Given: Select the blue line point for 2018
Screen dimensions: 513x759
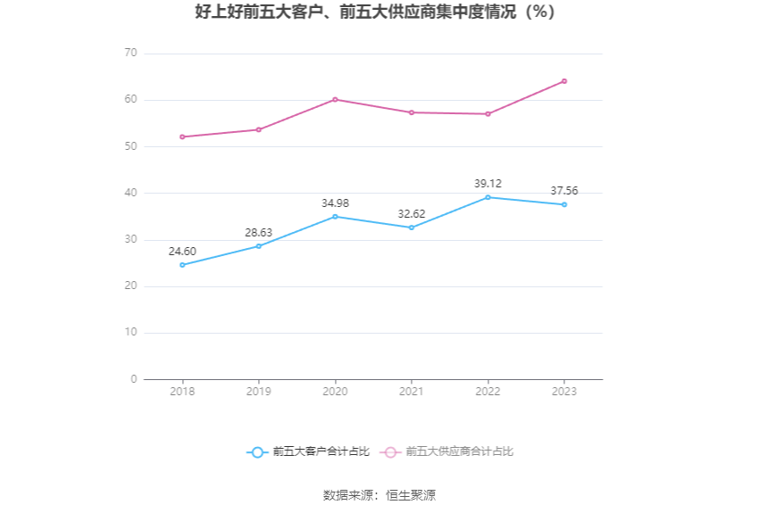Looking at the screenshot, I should tap(182, 265).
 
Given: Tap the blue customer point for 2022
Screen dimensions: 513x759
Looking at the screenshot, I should tap(488, 197).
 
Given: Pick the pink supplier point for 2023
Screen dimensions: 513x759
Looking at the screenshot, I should tap(564, 81).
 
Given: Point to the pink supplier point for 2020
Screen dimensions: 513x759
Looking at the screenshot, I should tap(335, 99).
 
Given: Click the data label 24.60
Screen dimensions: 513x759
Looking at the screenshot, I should tap(182, 252).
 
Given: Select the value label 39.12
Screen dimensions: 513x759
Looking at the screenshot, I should tap(488, 184).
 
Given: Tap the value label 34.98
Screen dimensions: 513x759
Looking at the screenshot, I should tap(335, 203).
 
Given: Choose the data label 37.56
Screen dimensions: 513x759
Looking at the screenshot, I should tap(564, 191).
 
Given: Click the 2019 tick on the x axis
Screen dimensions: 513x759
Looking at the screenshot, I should tap(259, 392).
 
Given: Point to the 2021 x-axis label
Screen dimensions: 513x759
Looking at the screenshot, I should tap(412, 392).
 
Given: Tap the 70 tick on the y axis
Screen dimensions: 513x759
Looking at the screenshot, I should tap(131, 54).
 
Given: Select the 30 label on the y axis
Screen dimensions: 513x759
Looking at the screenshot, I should tap(131, 239).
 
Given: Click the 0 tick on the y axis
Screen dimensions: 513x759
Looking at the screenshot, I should tap(134, 379).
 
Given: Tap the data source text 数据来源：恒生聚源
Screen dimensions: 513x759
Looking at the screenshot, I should tap(379, 495).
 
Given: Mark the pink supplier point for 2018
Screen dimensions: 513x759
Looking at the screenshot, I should tap(182, 137).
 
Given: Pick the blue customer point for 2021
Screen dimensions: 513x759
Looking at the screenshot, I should tap(412, 228).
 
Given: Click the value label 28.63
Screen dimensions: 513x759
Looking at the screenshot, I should tap(259, 233).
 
